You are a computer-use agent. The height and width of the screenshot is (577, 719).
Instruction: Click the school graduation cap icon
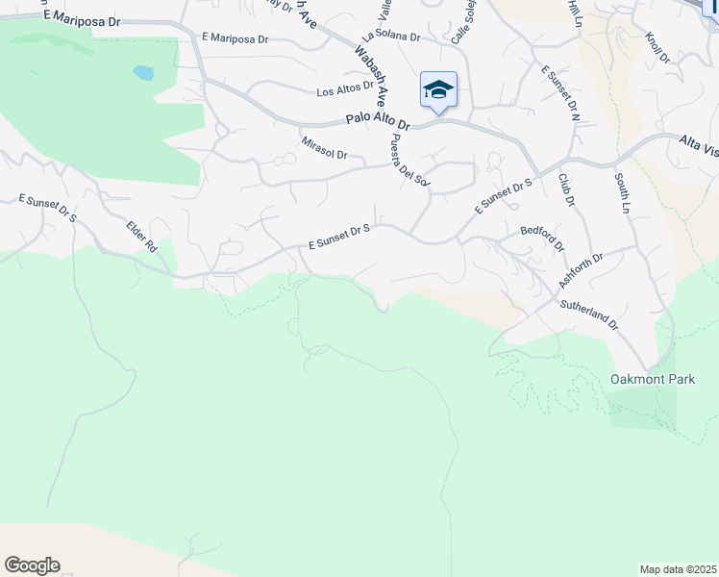[438, 89]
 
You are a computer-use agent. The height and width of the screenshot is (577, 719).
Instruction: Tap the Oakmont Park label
[653, 380]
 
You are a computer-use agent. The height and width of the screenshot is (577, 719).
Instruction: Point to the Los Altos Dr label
[345, 91]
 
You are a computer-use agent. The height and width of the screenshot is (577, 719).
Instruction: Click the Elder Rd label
[141, 237]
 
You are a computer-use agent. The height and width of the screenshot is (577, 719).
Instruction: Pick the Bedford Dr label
[542, 237]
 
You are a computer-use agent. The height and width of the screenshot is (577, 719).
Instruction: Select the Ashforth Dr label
[581, 271]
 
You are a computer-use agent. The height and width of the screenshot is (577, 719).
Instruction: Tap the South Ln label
[622, 192]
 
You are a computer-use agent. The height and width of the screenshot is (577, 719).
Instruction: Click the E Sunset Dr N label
[561, 93]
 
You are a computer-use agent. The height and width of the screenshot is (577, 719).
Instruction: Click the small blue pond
[143, 73]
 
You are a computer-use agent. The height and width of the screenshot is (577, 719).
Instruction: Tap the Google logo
[32, 565]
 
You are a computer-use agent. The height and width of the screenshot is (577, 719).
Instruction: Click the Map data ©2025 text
[679, 569]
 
